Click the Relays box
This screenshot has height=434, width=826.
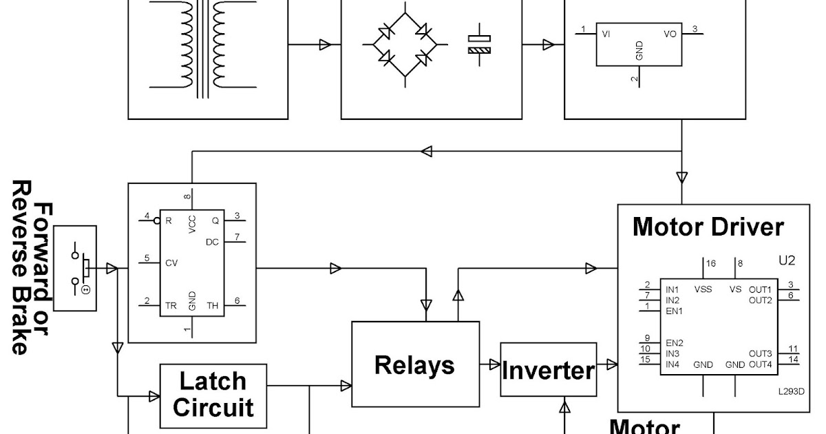pyautogui.click(x=415, y=364)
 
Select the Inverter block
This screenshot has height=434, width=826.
pyautogui.click(x=547, y=370)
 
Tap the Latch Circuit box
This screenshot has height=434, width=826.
pyautogui.click(x=213, y=394)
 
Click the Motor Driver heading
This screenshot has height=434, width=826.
pyautogui.click(x=708, y=227)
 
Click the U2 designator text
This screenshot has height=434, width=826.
pyautogui.click(x=787, y=261)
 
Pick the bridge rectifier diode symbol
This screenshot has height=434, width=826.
pyautogui.click(x=405, y=45)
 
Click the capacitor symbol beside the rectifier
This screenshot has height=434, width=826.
pyautogui.click(x=480, y=44)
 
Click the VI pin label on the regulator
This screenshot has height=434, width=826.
pyautogui.click(x=606, y=33)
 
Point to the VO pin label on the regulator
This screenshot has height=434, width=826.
pyautogui.click(x=670, y=33)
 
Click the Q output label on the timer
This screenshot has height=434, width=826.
pyautogui.click(x=215, y=221)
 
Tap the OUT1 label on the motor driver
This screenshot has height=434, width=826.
pyautogui.click(x=760, y=289)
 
